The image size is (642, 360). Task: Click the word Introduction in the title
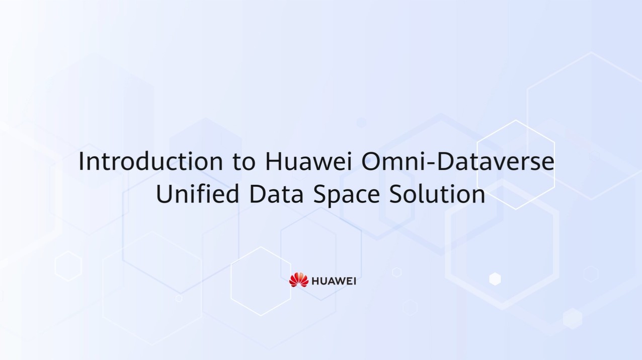click(x=151, y=161)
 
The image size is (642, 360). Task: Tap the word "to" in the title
click(x=244, y=162)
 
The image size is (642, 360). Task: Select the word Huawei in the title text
click(x=308, y=161)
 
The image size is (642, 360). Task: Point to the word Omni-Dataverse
click(x=458, y=161)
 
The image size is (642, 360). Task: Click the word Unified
click(x=197, y=193)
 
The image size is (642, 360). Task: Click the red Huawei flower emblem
click(x=299, y=279)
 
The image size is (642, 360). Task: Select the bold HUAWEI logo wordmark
click(x=334, y=281)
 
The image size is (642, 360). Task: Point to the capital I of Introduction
click(x=81, y=161)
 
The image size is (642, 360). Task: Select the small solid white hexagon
click(x=495, y=279)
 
